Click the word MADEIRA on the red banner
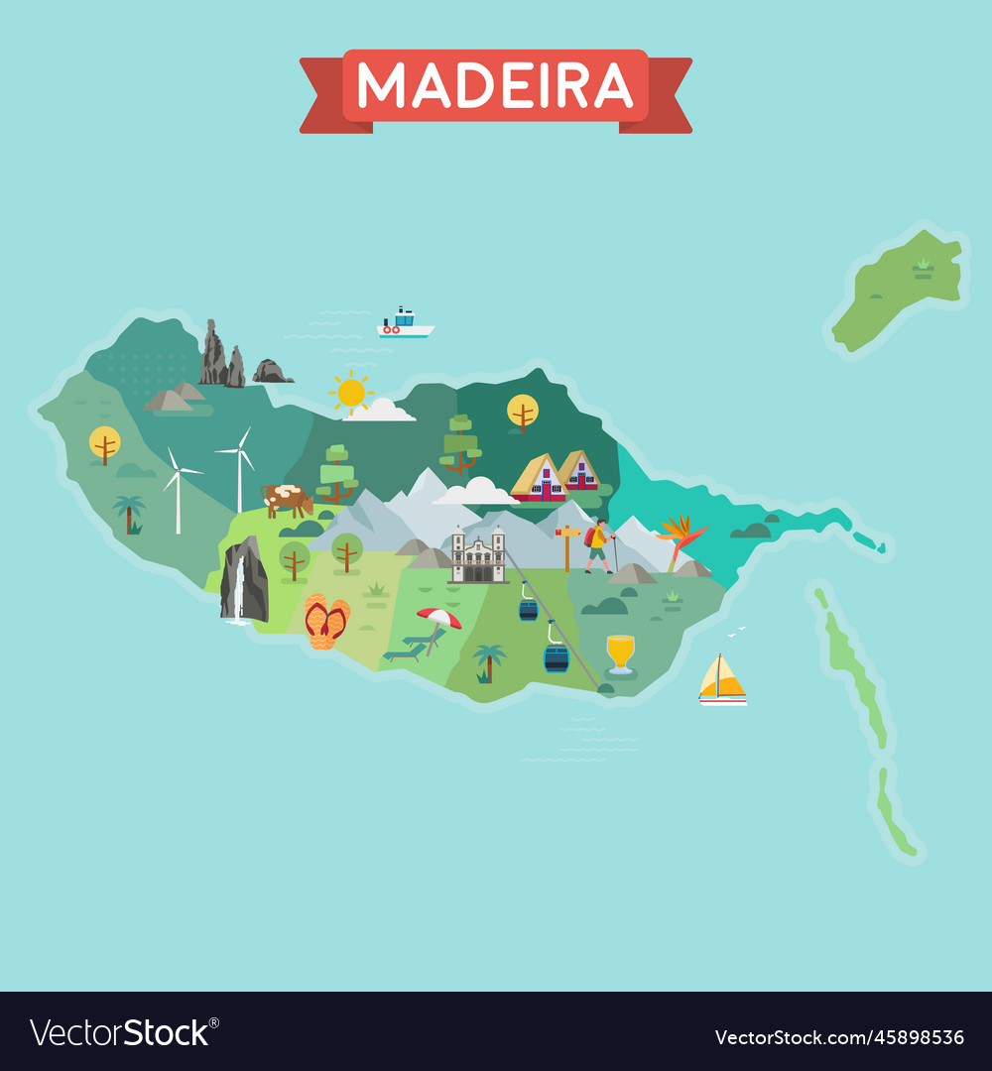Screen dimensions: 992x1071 coord(495,86)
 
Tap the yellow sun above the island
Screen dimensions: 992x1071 coord(351,393)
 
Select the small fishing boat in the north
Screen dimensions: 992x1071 coord(405,323)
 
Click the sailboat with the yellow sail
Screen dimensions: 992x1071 coord(721,680)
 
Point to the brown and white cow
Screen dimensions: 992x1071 coord(288,499)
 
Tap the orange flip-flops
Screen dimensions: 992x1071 coord(325,622)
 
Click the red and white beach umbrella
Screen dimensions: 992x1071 coord(438,619)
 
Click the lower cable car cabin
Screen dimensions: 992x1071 coord(557,657)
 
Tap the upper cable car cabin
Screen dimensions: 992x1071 coord(529,609)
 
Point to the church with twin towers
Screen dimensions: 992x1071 coord(478,556)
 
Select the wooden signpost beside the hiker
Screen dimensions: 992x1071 coord(567,546)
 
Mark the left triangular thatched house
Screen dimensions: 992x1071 coord(539,479)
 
